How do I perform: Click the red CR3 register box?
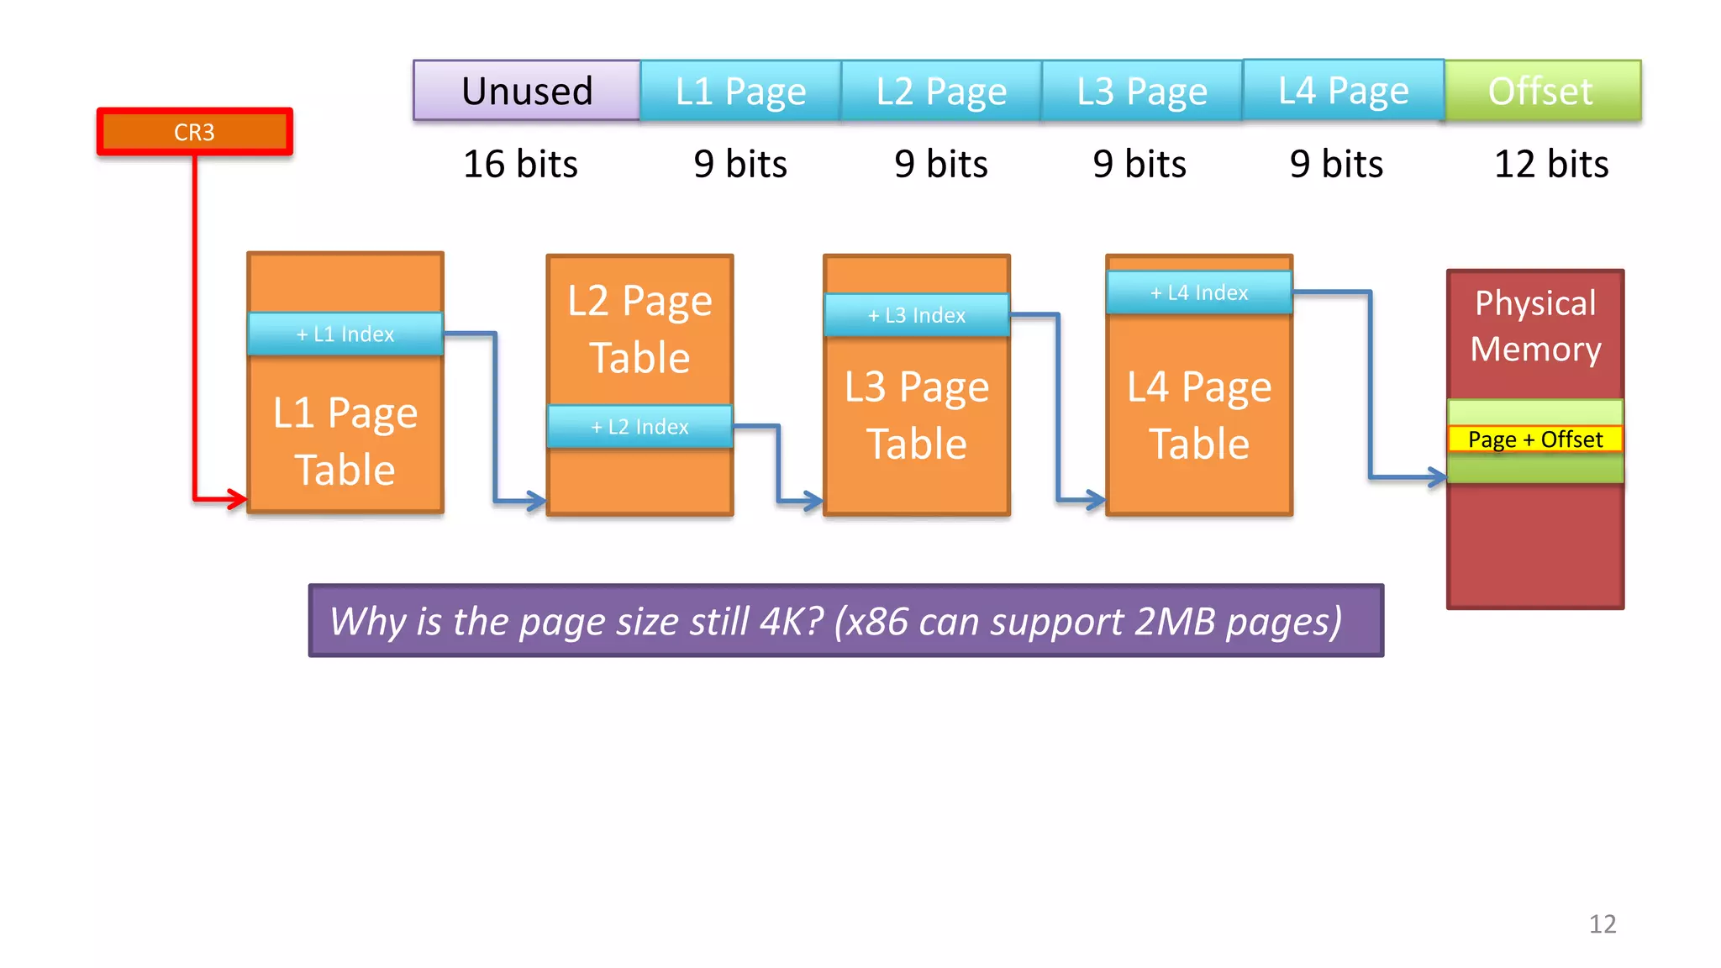(194, 132)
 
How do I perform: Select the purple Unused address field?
(527, 91)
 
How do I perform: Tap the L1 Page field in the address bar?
(740, 91)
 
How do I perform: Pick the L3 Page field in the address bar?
(1142, 91)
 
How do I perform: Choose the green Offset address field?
(1541, 91)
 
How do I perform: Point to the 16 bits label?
(520, 164)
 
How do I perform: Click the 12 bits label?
(1550, 164)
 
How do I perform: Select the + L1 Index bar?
(345, 334)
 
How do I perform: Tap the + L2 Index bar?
(639, 427)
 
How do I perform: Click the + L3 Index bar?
(917, 315)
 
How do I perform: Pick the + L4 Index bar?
(1199, 292)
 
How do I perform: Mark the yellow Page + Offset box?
(1534, 439)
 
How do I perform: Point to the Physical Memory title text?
(1535, 326)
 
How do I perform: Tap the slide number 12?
(1603, 924)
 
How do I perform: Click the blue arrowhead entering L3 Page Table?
(813, 502)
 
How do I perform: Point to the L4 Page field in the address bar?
(1343, 91)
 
